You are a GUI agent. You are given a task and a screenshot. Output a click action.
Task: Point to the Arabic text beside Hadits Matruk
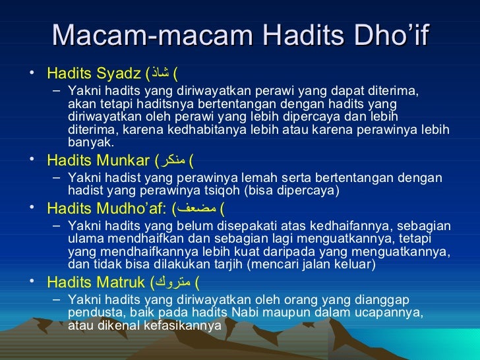coord(173,284)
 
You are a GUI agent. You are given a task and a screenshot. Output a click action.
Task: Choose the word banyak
coord(91,142)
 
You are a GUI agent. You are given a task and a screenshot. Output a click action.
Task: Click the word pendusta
coord(96,313)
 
